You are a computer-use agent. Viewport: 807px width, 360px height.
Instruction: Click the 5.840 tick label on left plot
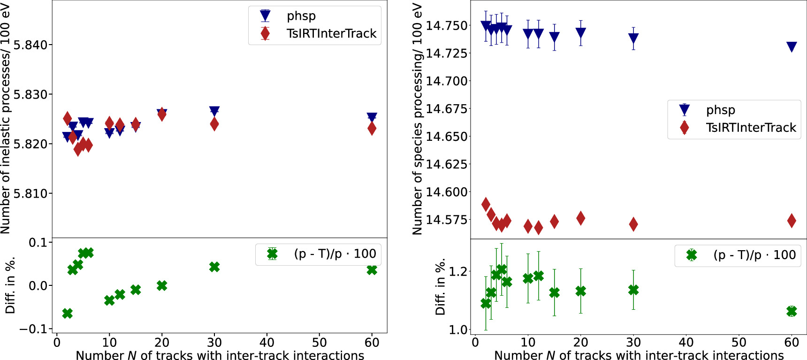click(x=30, y=45)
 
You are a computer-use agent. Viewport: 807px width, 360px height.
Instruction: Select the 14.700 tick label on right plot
click(x=447, y=81)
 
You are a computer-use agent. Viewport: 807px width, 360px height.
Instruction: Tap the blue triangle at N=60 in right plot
click(x=792, y=47)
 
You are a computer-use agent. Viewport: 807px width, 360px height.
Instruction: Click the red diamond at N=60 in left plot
click(x=372, y=128)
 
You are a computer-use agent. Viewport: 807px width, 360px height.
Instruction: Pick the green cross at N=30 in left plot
click(x=214, y=267)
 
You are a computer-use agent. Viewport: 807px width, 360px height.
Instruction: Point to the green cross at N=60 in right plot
click(x=792, y=311)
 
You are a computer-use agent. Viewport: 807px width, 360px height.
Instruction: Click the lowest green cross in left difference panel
click(x=67, y=313)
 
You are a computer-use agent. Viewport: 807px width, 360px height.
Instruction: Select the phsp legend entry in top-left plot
click(x=301, y=16)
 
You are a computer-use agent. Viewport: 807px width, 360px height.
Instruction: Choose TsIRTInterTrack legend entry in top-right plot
click(x=751, y=128)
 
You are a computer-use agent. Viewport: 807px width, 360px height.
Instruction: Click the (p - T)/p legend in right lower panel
click(x=754, y=255)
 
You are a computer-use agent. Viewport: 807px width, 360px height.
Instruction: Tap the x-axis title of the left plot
click(x=220, y=355)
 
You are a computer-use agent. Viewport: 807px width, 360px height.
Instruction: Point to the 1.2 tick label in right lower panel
click(x=458, y=272)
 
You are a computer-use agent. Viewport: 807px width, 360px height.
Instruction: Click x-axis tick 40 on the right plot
click(x=686, y=343)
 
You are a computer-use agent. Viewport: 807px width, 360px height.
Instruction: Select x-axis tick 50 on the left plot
click(x=320, y=343)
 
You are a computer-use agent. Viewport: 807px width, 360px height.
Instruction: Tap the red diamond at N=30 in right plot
click(x=633, y=224)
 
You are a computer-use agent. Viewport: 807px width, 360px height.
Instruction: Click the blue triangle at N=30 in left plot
click(x=214, y=111)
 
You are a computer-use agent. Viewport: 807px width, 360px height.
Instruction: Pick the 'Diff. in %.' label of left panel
click(x=10, y=285)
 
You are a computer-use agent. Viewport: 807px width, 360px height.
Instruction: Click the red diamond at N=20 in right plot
click(x=580, y=218)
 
